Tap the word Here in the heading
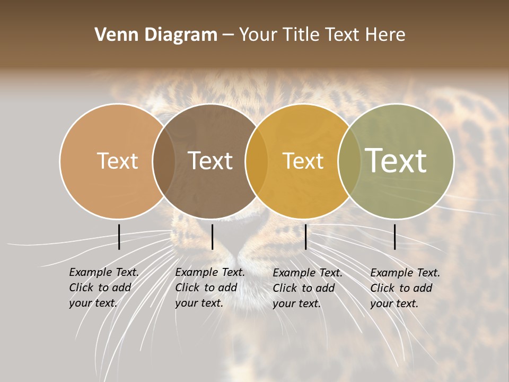pos(386,35)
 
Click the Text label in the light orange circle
pos(117,161)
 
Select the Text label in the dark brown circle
pos(210,161)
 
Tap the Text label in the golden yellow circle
pos(303,161)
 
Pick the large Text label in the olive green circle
pos(396,160)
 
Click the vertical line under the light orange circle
pos(119,237)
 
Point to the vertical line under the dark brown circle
pos(212,237)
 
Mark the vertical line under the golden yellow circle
pos(305,237)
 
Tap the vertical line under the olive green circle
pos(394,237)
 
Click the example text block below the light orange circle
pos(103,288)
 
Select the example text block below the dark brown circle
pos(209,288)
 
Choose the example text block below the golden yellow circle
pos(307,288)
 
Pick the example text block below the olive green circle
pos(405,288)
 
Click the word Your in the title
pos(258,35)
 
